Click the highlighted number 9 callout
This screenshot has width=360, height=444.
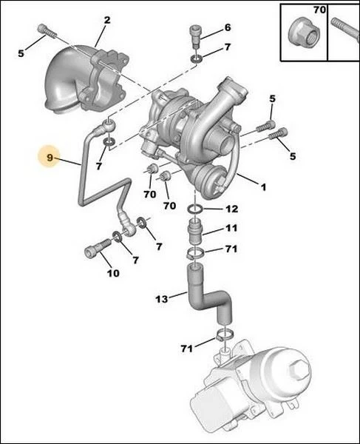(x=50, y=157)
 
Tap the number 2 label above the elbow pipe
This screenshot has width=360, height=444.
(x=107, y=20)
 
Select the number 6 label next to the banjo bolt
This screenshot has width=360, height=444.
(x=228, y=27)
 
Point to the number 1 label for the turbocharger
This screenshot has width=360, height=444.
(x=263, y=187)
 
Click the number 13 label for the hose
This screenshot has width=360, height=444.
(x=162, y=299)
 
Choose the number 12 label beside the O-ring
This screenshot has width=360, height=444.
(x=231, y=209)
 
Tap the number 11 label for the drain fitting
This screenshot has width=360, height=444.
(x=231, y=228)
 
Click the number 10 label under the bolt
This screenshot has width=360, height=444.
(x=113, y=273)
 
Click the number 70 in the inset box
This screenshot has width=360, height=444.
(x=319, y=10)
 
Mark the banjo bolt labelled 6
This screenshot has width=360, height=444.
(x=195, y=37)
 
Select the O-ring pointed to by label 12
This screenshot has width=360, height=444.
(x=195, y=209)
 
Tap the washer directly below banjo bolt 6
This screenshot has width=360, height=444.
(x=196, y=59)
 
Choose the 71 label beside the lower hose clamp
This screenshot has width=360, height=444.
(x=187, y=349)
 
